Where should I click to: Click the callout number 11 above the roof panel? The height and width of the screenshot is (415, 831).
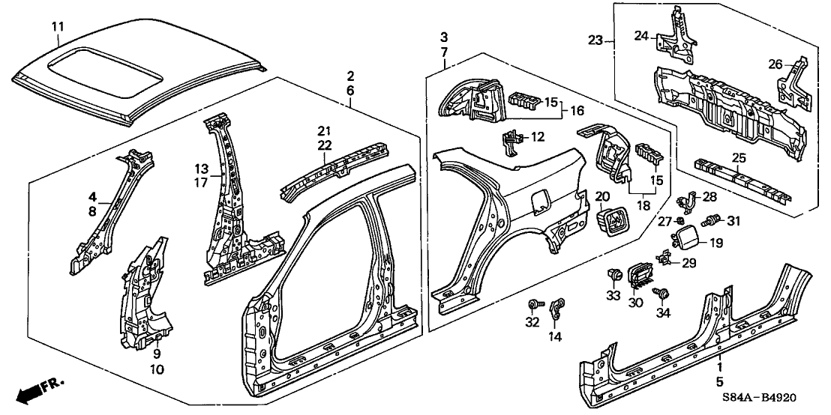pyautogui.click(x=58, y=28)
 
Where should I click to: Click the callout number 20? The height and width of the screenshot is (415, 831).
pyautogui.click(x=601, y=196)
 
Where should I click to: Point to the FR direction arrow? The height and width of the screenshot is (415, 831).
pyautogui.click(x=37, y=387)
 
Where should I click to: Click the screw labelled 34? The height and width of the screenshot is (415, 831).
pyautogui.click(x=662, y=293)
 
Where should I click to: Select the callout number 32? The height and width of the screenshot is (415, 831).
pyautogui.click(x=532, y=324)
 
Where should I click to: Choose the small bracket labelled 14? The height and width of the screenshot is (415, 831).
pyautogui.click(x=557, y=307)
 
